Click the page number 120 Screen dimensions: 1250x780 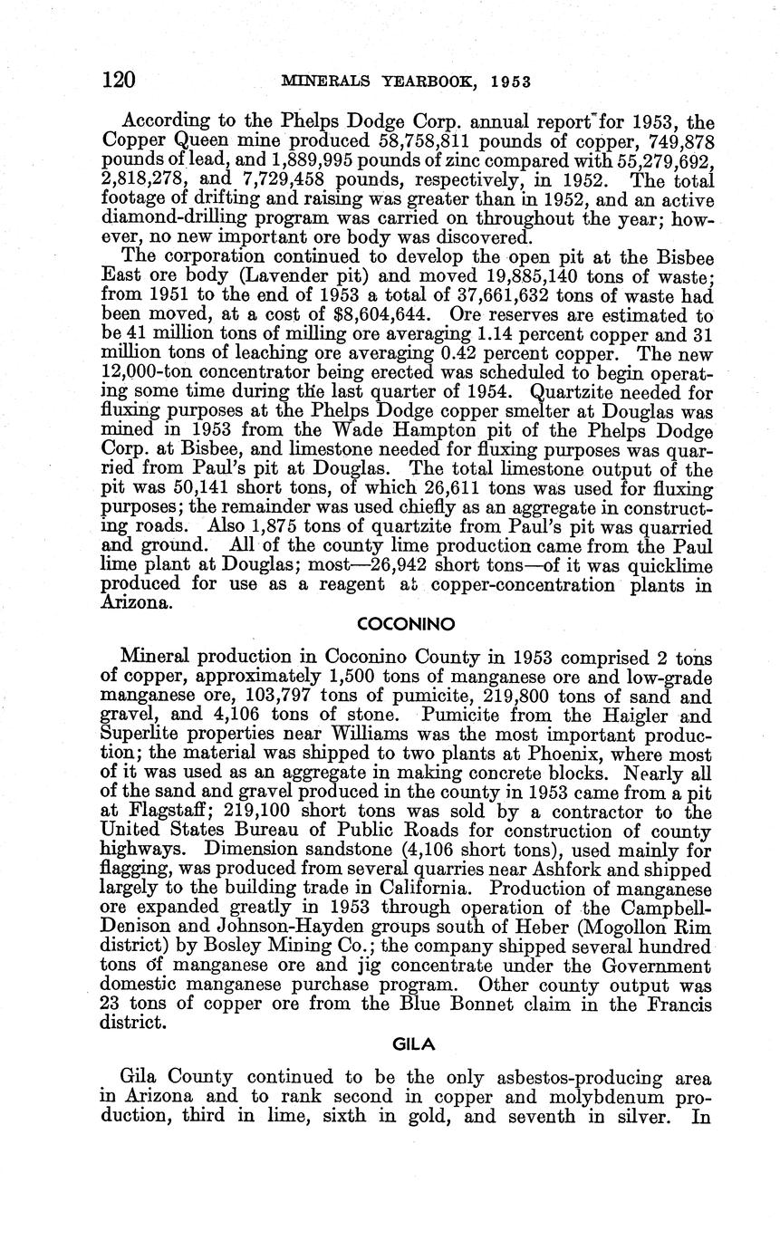point(118,81)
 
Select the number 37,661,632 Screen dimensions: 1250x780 point(481,297)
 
